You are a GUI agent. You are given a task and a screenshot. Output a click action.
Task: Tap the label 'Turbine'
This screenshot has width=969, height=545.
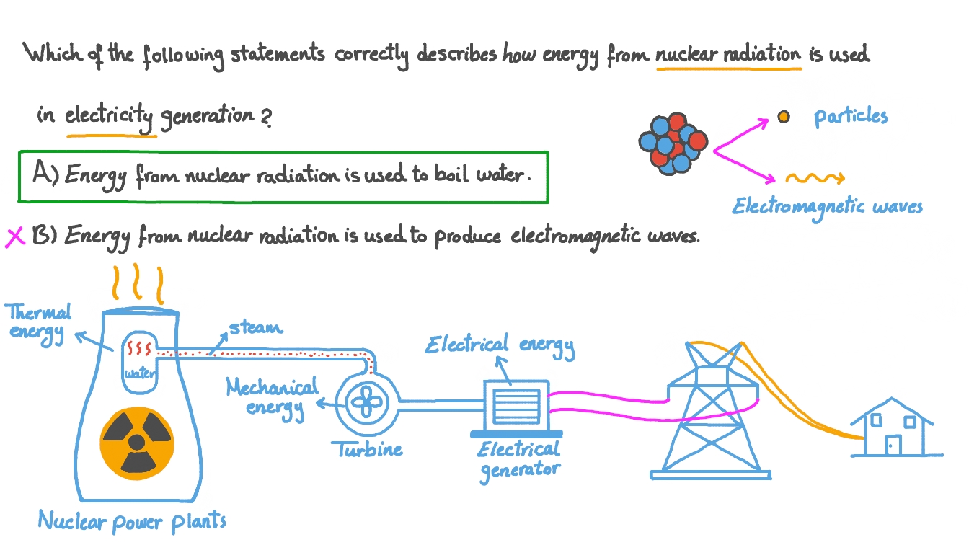click(366, 451)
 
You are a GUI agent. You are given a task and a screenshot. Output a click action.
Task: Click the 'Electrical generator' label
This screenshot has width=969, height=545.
click(518, 459)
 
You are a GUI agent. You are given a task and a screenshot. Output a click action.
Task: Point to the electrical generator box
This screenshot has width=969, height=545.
click(517, 407)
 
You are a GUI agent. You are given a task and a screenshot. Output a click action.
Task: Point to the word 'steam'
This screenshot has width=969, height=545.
click(255, 328)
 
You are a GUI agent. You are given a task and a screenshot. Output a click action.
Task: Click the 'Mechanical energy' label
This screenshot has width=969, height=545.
click(272, 397)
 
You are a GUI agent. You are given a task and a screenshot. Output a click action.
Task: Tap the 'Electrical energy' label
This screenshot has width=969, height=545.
click(500, 345)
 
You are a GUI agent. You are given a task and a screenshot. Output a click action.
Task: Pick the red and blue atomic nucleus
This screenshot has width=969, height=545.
click(671, 142)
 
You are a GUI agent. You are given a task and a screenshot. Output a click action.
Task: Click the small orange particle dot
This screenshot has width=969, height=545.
click(783, 117)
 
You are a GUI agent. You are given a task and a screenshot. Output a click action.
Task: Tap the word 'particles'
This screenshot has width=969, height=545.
click(851, 117)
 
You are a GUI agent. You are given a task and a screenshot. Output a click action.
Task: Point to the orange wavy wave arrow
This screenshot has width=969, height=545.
click(813, 178)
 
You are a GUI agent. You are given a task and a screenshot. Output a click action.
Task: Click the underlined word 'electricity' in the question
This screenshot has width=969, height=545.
click(110, 115)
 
